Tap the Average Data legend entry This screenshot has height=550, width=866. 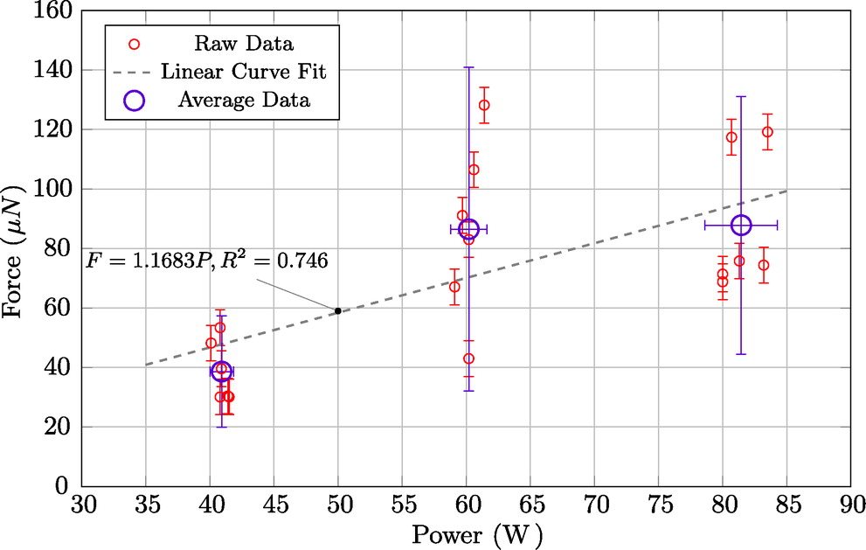click(242, 100)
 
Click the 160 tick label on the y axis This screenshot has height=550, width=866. click(53, 10)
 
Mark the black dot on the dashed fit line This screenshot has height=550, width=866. click(338, 310)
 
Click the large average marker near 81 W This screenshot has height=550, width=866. click(741, 225)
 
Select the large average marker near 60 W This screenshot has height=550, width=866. click(468, 228)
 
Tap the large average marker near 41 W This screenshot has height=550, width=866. click(221, 372)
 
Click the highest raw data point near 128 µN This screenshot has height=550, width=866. click(484, 105)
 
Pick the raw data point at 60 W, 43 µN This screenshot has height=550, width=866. click(468, 359)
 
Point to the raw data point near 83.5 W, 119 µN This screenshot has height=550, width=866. click(767, 132)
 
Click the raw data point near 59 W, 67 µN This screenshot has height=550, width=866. click(454, 287)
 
